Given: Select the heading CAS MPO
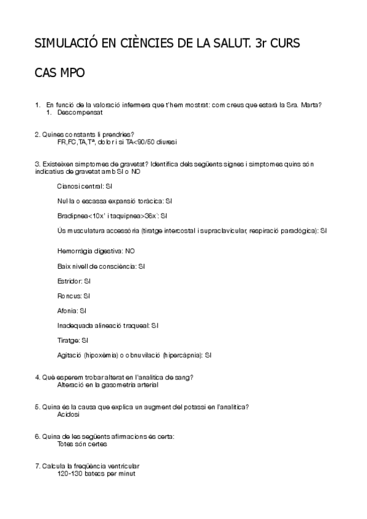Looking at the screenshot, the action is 59,73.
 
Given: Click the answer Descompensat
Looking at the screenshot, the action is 80,113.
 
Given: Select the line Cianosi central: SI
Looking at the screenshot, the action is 85,185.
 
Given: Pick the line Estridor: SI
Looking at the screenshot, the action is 74,281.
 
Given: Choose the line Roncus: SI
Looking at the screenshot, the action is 74,296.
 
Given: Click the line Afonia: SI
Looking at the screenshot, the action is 72,310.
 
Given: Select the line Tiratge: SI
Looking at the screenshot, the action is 73,340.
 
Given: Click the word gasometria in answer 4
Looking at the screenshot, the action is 121,385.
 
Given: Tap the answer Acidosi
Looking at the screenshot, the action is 69,414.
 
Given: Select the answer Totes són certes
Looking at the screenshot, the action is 82,444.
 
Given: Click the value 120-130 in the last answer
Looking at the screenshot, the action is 69,474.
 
